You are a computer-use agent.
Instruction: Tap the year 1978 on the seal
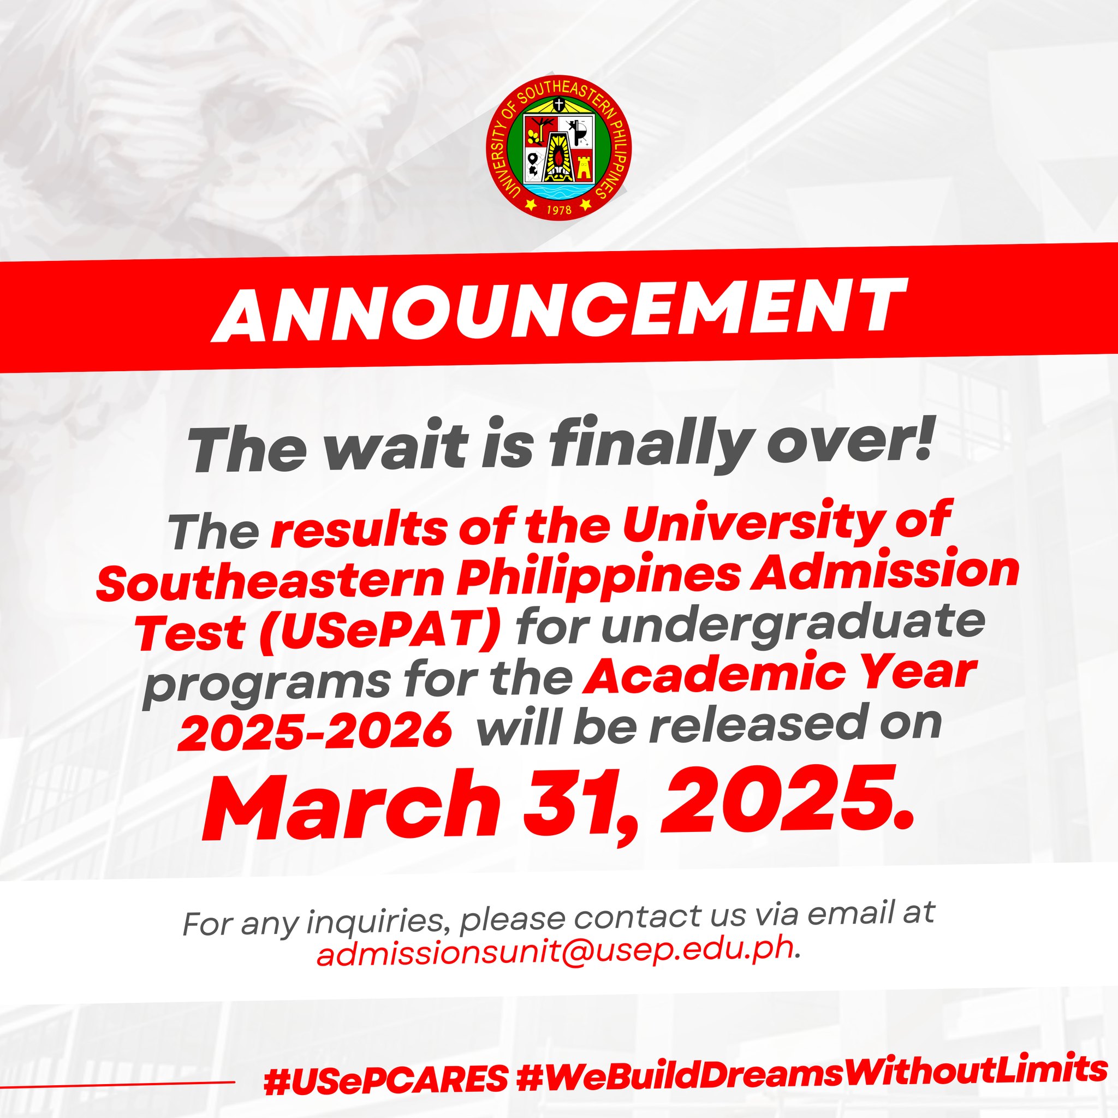coord(558,210)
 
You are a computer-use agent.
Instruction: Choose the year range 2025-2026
coord(315,729)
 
